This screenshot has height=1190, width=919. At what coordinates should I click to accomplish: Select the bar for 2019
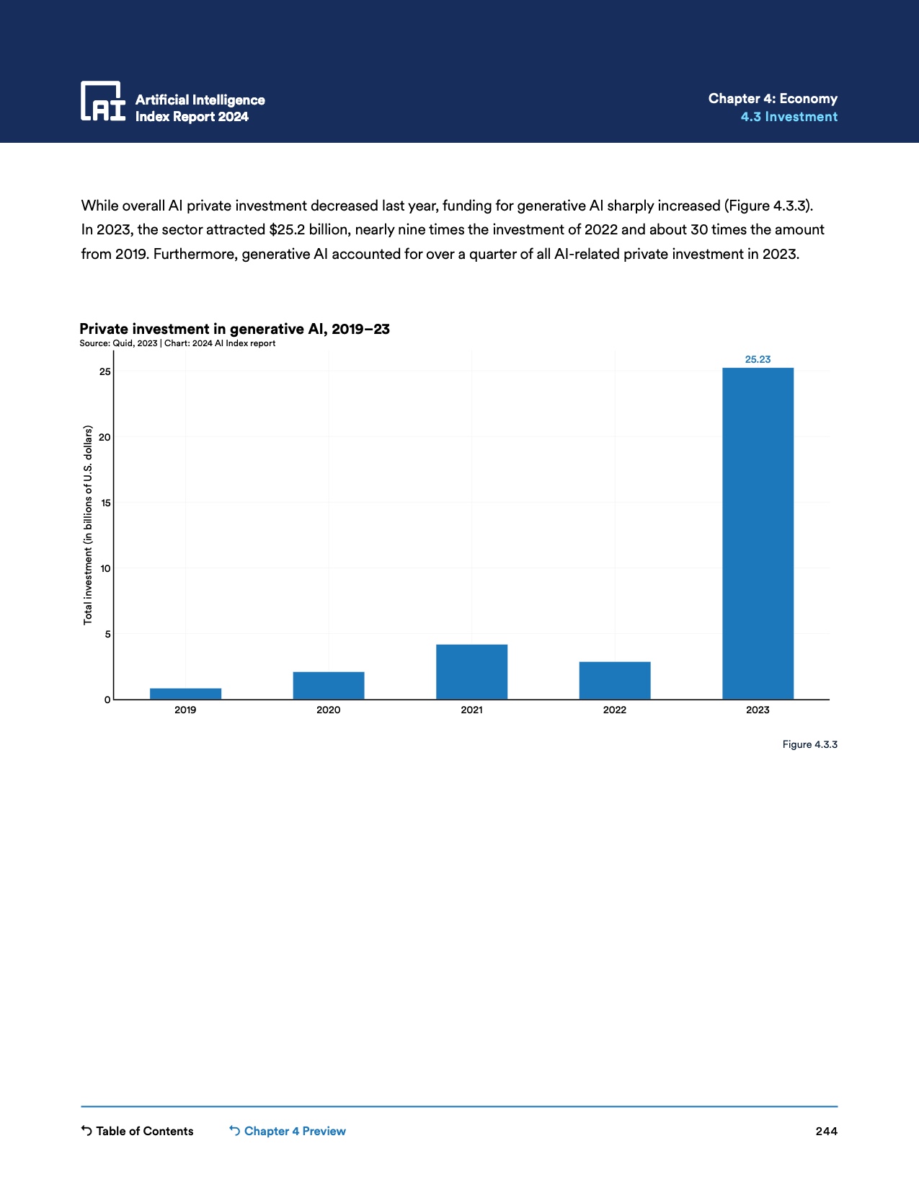point(185,694)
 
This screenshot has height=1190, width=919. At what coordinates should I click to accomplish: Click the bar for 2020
point(329,686)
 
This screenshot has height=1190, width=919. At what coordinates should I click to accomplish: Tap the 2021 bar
point(471,672)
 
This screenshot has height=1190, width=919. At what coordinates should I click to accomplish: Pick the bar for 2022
point(615,681)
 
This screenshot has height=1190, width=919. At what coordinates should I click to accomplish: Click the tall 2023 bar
point(758,534)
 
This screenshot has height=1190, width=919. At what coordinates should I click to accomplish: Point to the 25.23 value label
point(758,359)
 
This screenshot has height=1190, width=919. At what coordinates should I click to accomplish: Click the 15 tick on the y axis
point(106,503)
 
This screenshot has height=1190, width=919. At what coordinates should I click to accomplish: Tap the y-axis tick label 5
point(107,634)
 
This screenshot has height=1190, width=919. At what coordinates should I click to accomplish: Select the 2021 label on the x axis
point(471,710)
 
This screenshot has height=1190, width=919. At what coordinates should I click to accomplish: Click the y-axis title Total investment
point(88,525)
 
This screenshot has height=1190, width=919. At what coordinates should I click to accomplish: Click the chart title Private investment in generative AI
point(234,329)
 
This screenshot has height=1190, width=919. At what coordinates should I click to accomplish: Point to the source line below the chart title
point(177,343)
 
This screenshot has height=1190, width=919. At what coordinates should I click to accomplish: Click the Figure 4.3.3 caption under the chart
point(809,744)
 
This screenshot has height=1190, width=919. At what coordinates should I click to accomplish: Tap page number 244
point(826,1131)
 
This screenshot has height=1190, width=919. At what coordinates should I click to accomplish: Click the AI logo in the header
point(103,101)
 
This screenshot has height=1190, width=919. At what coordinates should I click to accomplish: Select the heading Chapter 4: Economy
point(773,99)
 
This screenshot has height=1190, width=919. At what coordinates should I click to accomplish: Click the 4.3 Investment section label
point(789,117)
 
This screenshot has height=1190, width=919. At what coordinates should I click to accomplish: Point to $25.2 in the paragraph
point(287,230)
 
